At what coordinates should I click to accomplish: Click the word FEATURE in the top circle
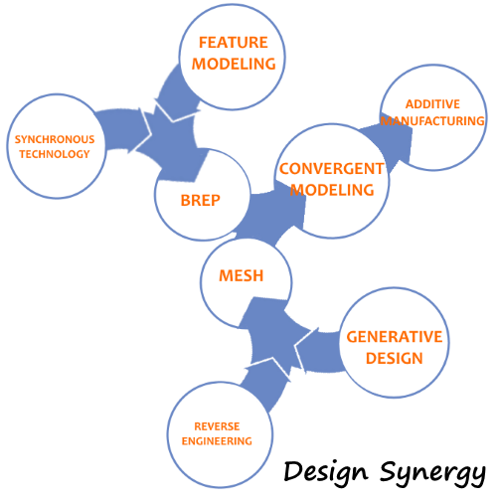click(x=234, y=43)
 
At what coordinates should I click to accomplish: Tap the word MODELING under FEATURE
click(x=234, y=64)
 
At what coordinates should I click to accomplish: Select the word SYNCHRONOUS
click(x=55, y=139)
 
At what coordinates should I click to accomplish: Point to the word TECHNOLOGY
click(x=55, y=154)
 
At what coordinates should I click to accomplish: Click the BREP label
click(x=201, y=201)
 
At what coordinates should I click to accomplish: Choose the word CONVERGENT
click(x=332, y=169)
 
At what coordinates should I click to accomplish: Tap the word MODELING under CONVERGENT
click(x=332, y=190)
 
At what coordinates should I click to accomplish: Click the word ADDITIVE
click(x=432, y=104)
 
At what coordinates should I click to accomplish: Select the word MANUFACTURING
click(x=432, y=121)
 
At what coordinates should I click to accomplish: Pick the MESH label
click(x=242, y=275)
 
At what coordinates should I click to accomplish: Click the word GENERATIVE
click(x=395, y=337)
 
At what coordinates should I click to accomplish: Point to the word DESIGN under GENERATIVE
click(x=395, y=358)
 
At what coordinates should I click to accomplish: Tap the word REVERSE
click(x=217, y=426)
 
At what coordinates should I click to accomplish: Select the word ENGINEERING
click(x=217, y=441)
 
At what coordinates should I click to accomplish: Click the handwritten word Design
click(x=326, y=472)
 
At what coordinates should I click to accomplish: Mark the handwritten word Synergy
click(x=432, y=473)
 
